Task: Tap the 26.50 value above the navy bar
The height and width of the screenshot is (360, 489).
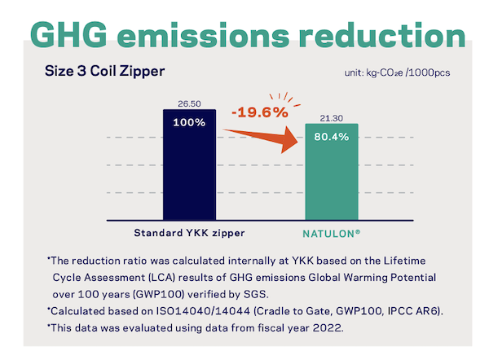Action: [x=188, y=103]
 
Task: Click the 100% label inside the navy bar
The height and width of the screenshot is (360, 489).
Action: [x=188, y=122]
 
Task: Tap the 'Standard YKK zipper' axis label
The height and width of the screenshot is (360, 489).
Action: [x=188, y=232]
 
